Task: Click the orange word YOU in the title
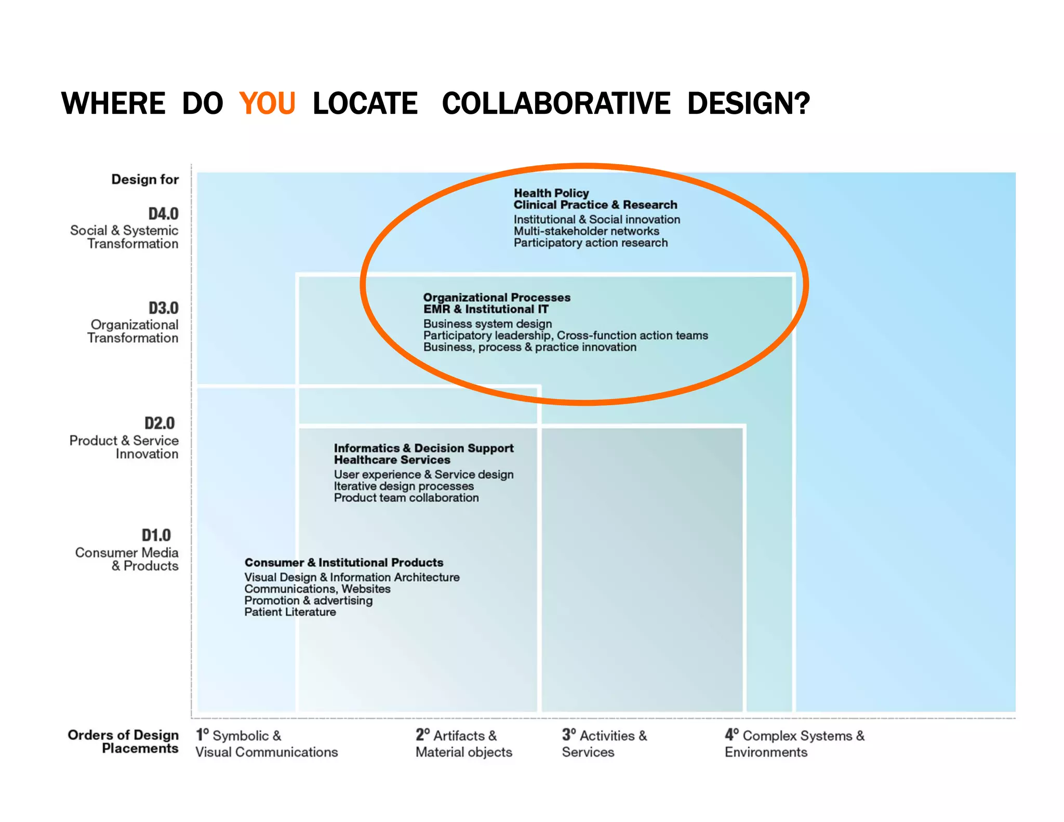[x=267, y=103]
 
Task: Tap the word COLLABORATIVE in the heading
[x=556, y=103]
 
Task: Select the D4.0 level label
[x=163, y=214]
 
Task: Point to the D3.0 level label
[x=163, y=308]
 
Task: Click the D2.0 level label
[x=159, y=423]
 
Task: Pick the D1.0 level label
[x=156, y=535]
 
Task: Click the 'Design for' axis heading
[x=145, y=179]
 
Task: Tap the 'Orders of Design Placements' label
[x=124, y=741]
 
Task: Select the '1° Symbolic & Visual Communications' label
[x=266, y=744]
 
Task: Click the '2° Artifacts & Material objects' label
[x=463, y=744]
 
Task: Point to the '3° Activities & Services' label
[x=604, y=744]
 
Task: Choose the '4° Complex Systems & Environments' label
[x=794, y=744]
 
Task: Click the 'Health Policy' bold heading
[x=551, y=193]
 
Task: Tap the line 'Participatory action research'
[x=591, y=243]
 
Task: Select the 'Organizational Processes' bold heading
[x=497, y=297]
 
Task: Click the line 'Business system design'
[x=487, y=324]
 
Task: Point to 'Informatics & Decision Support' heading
[x=423, y=448]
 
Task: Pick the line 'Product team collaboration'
[x=406, y=498]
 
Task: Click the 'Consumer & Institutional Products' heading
[x=344, y=562]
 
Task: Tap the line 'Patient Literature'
[x=290, y=612]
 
